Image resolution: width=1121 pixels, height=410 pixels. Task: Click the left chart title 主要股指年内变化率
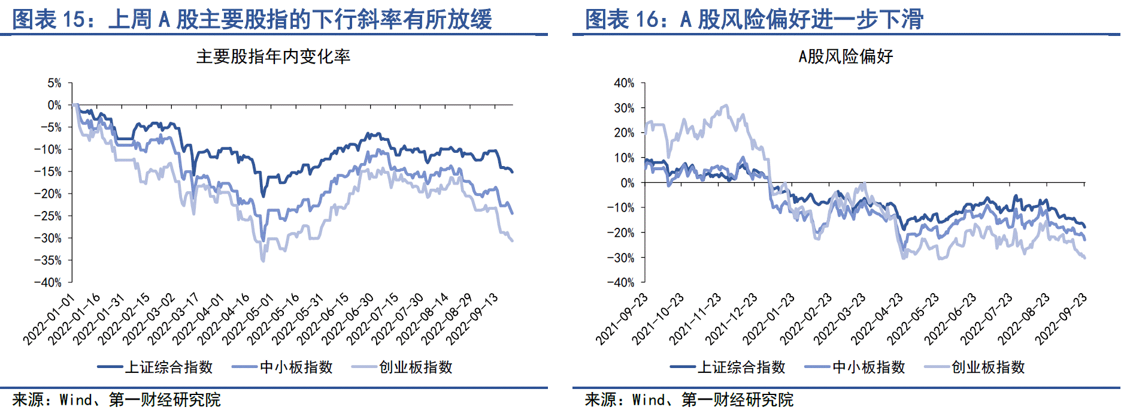point(273,57)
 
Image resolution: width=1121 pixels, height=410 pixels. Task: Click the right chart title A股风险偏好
point(846,57)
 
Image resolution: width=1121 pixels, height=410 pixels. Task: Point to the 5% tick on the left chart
point(54,83)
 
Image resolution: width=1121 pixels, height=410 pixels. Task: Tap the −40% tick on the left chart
point(47,282)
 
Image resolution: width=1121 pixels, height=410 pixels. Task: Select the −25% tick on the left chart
point(47,216)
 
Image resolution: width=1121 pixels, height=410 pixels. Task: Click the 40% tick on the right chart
point(624,83)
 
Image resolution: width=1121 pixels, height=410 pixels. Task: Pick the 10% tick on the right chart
point(624,158)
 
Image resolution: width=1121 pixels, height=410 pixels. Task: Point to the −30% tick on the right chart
point(620,258)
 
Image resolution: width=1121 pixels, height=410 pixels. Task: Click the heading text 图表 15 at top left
point(49,19)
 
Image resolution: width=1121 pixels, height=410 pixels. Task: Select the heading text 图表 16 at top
point(622,19)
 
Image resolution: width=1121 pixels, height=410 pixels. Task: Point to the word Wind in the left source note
point(75,400)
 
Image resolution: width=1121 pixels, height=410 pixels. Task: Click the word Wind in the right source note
point(648,400)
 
